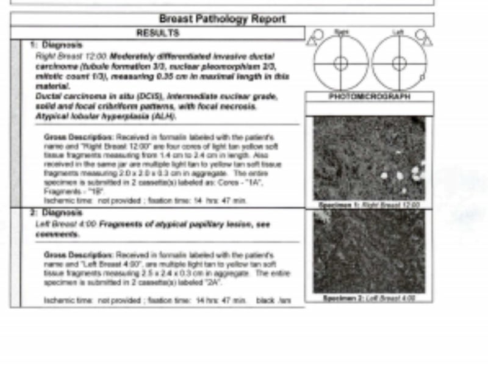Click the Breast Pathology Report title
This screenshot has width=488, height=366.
222,19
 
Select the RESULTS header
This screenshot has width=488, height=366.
157,33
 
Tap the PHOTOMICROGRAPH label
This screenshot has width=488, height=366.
370,97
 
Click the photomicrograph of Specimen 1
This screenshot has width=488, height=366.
369,159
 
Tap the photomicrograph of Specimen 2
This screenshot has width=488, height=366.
369,251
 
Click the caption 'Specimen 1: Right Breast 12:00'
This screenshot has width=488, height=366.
369,205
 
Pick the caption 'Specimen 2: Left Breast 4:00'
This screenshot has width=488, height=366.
369,298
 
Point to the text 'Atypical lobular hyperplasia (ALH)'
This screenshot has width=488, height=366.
106,116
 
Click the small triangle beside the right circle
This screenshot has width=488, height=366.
312,41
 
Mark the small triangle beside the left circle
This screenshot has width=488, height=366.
427,41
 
